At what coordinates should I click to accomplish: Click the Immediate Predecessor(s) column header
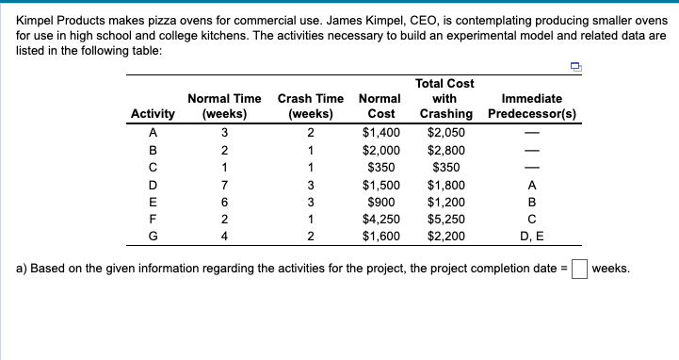click(533, 106)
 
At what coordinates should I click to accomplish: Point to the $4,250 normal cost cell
click(382, 219)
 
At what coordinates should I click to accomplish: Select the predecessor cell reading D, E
click(533, 236)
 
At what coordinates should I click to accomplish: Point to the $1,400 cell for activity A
click(382, 132)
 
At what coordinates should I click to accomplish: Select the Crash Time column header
click(311, 106)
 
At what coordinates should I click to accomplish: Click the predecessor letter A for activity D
click(533, 184)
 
